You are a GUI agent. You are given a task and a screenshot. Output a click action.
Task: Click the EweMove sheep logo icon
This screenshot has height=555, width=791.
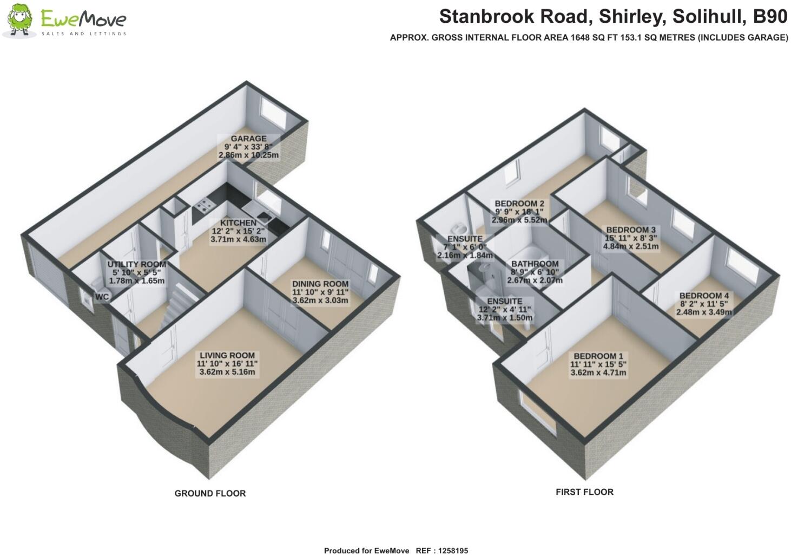(20, 21)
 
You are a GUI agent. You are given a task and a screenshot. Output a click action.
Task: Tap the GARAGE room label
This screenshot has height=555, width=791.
(249, 139)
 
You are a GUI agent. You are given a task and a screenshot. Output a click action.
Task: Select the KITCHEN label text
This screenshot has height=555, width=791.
(238, 223)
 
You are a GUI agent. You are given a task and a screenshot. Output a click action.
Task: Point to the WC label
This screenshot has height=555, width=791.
(102, 297)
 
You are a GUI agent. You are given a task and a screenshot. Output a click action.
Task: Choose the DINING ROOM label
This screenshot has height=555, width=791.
(320, 284)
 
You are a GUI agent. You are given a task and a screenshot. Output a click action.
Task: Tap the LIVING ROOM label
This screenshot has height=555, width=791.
(226, 356)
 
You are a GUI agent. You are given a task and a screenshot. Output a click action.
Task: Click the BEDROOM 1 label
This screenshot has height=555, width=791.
(598, 356)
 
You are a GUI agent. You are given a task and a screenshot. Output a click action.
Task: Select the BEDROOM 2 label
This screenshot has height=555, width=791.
(519, 204)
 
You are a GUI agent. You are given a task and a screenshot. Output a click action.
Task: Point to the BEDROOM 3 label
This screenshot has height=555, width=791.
(631, 230)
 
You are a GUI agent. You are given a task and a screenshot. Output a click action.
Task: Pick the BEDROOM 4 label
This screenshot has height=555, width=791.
(704, 296)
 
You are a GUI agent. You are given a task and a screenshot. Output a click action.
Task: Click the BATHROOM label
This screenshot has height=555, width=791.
(535, 264)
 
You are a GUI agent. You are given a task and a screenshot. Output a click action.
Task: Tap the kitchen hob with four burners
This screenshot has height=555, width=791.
(204, 204)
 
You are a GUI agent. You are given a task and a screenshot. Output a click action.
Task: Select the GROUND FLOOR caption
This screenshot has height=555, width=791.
(210, 493)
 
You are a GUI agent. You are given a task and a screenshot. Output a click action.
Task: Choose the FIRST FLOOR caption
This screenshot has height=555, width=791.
(584, 492)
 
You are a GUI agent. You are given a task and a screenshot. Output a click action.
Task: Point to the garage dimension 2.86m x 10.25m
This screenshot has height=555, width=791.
(249, 155)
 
